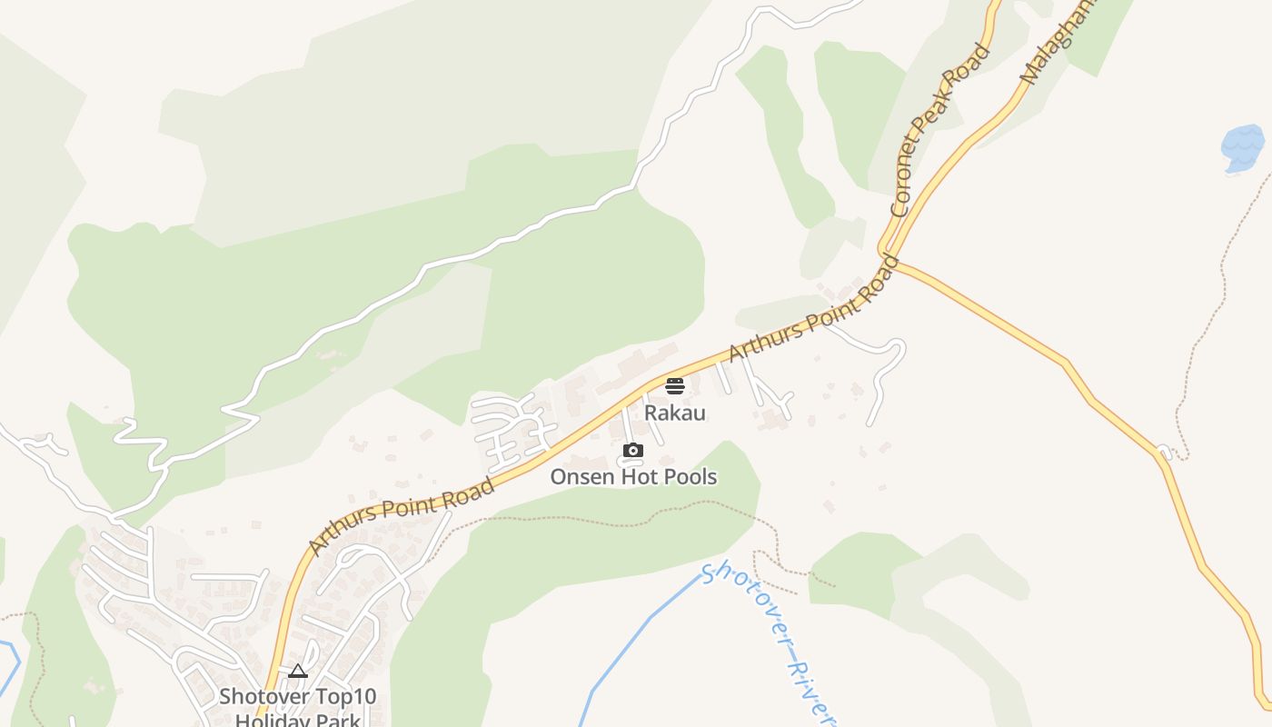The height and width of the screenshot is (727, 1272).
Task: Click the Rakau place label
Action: [x=674, y=413]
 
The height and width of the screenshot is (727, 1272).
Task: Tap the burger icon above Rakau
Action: [x=674, y=386]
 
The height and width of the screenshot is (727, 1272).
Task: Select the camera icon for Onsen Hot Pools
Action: [x=633, y=451]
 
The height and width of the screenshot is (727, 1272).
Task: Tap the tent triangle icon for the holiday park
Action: [x=297, y=672]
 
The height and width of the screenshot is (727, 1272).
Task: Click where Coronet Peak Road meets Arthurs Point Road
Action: [x=888, y=253]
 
